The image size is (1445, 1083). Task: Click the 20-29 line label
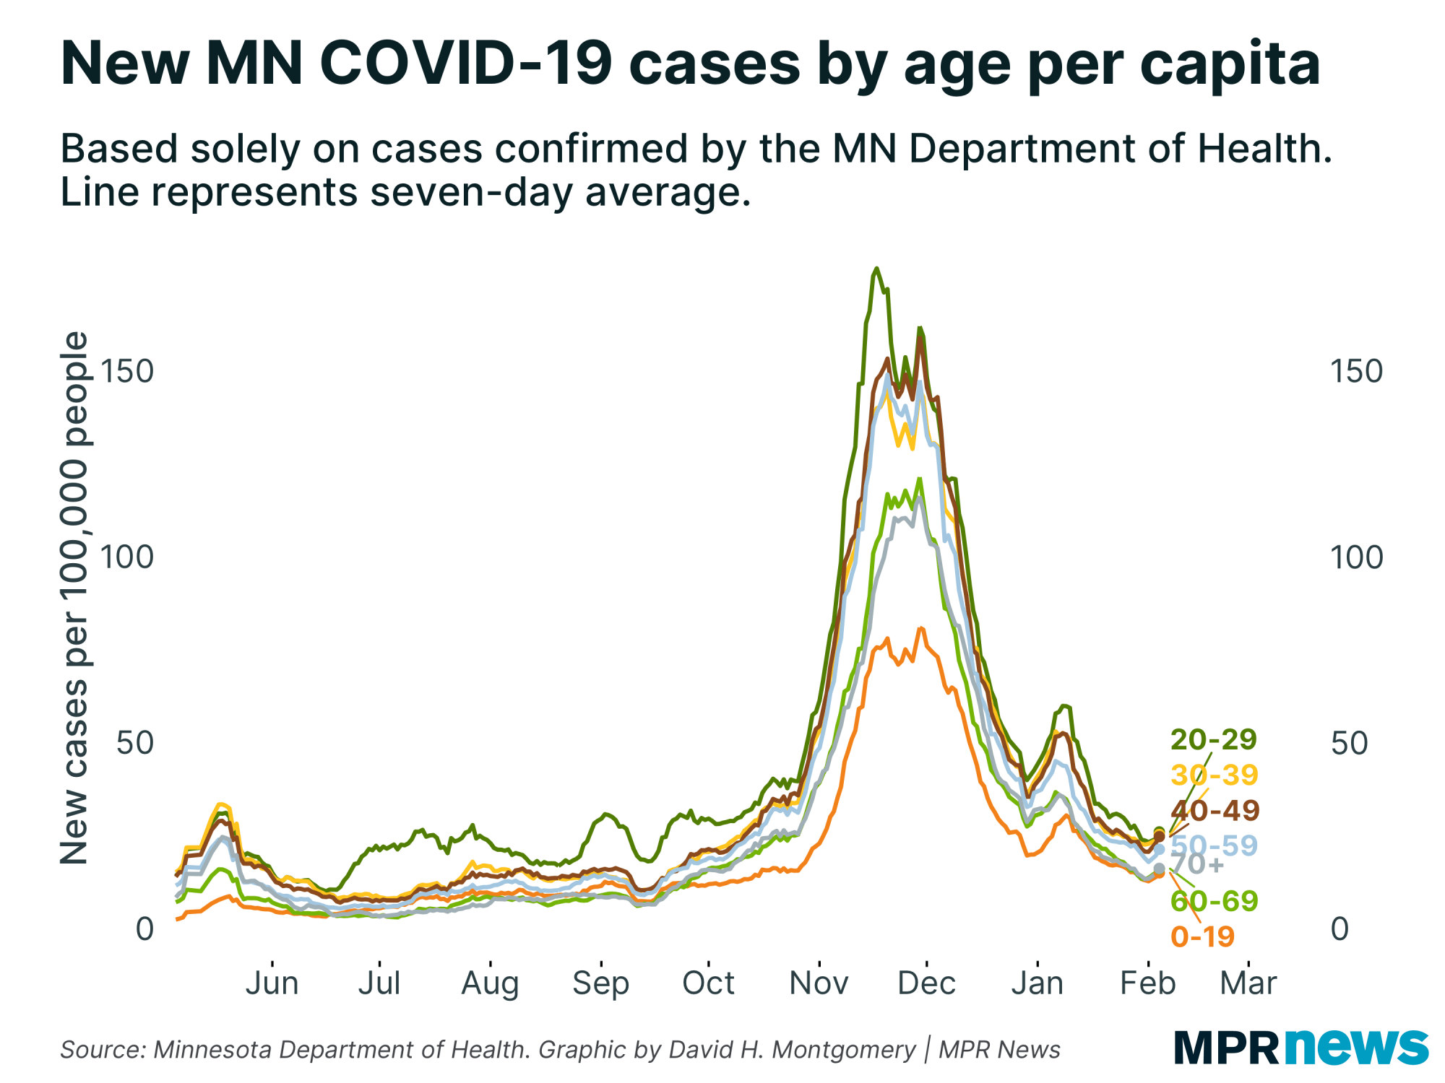tap(1213, 739)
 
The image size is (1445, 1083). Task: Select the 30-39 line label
tap(1214, 775)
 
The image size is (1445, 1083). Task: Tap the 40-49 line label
tap(1215, 810)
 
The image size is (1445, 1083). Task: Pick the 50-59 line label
tap(1214, 845)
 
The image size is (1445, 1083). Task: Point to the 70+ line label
tap(1196, 864)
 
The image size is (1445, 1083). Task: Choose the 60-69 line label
tap(1214, 900)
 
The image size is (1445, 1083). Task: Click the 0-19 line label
tap(1202, 936)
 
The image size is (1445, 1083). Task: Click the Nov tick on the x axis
tap(819, 983)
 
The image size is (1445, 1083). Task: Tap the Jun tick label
tap(272, 983)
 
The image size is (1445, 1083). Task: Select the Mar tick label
tap(1248, 983)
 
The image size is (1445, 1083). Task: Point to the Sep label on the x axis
tap(600, 983)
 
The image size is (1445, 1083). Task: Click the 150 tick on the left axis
tap(127, 371)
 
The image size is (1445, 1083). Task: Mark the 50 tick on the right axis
tap(1349, 743)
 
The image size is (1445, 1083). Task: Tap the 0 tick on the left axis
tap(144, 928)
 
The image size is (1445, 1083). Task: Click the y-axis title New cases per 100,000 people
tap(74, 598)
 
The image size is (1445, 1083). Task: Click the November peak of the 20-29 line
tap(876, 269)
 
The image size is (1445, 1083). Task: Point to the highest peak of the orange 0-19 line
tap(920, 628)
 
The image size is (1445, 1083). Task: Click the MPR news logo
tap(1300, 1046)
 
